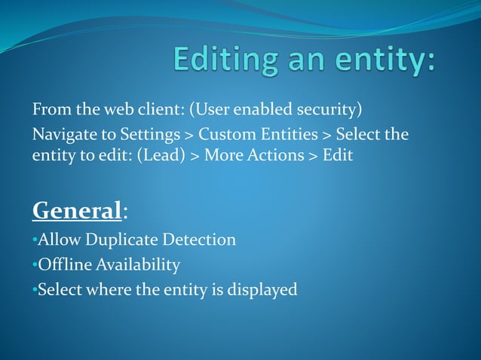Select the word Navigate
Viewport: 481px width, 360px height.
[x=63, y=136]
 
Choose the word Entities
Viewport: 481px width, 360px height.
[x=289, y=135]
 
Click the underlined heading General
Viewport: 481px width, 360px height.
[x=77, y=210]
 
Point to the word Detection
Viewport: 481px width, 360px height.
[x=198, y=240]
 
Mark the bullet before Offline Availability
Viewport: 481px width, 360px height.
[x=35, y=265]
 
